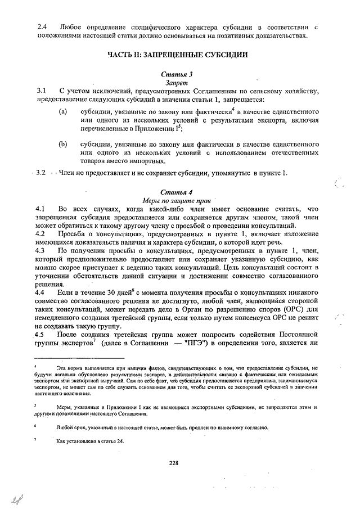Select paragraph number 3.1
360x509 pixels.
pyautogui.click(x=42, y=91)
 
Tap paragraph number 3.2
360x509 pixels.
pyautogui.click(x=42, y=173)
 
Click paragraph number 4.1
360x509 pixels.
pyautogui.click(x=42, y=209)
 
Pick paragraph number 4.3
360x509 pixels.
pyautogui.click(x=42, y=250)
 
